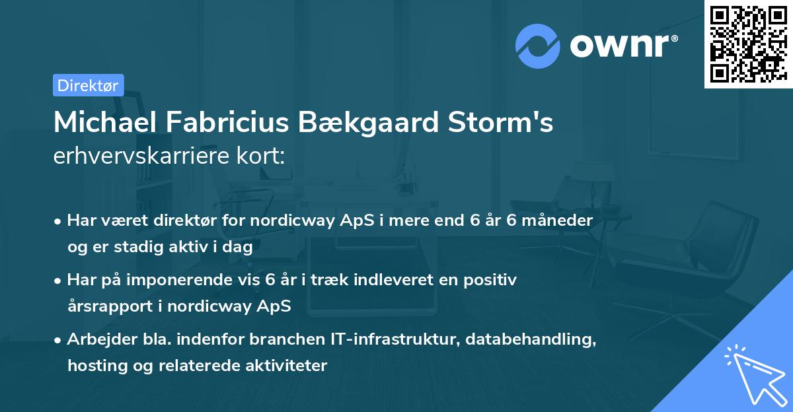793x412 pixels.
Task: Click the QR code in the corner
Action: [748, 44]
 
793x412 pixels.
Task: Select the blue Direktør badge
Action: [88, 85]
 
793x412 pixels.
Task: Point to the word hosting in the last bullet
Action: [93, 365]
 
